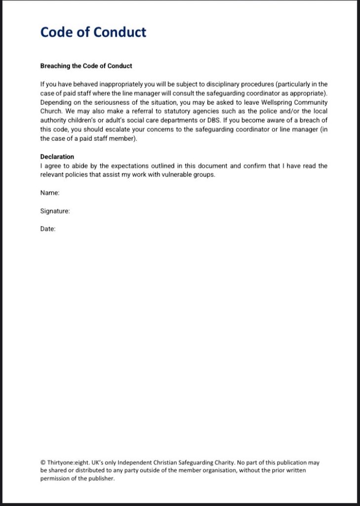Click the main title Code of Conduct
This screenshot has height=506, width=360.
[93, 32]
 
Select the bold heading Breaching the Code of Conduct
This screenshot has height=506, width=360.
[86, 66]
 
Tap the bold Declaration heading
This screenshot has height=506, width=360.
[57, 157]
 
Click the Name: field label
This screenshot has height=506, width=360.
[50, 193]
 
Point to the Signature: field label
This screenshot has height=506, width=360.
[55, 211]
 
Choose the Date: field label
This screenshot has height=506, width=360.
[48, 229]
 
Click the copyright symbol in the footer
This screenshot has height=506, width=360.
[43, 463]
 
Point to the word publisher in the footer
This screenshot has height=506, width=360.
[101, 478]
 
